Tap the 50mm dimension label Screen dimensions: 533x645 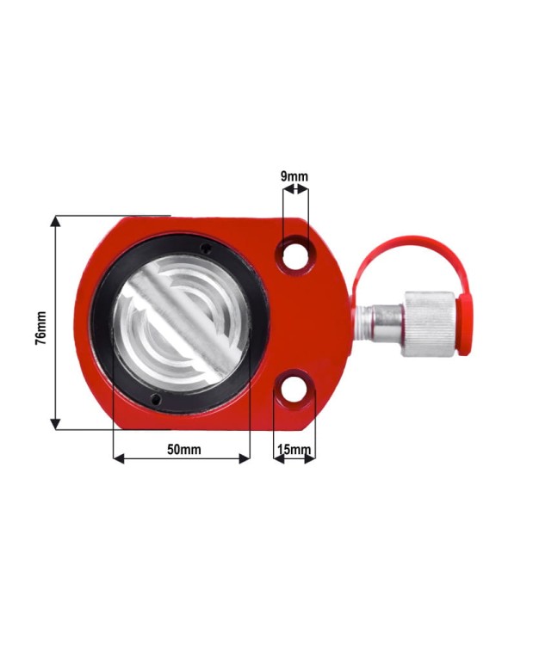pos(184,450)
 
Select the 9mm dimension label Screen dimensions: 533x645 pos(294,176)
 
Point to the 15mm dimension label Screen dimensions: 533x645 pos(294,449)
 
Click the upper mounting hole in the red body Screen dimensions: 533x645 pos(295,255)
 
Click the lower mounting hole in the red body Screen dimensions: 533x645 pos(295,389)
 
